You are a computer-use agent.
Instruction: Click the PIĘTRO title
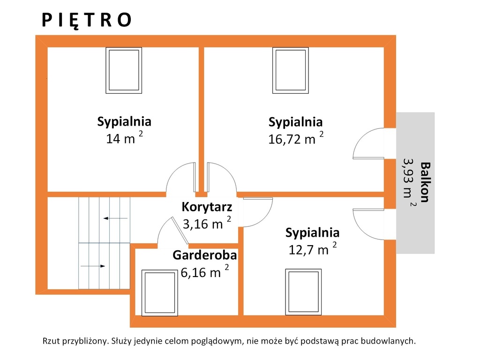pyautogui.click(x=87, y=20)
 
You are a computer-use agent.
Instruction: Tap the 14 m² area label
pyautogui.click(x=124, y=138)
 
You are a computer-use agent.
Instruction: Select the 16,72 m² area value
pyautogui.click(x=296, y=139)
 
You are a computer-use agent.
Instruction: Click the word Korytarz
pyautogui.click(x=207, y=207)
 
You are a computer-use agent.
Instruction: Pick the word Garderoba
pyautogui.click(x=205, y=255)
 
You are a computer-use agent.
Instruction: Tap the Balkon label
pyautogui.click(x=425, y=182)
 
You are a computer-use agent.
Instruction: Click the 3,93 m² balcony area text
pyautogui.click(x=409, y=182)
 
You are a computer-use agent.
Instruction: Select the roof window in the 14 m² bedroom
pyautogui.click(x=124, y=70)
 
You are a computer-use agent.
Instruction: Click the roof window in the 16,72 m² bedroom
pyautogui.click(x=291, y=70)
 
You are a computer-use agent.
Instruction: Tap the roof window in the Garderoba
pyautogui.click(x=159, y=292)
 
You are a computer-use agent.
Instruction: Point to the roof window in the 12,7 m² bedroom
pyautogui.click(x=303, y=292)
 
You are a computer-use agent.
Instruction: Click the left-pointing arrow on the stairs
pyautogui.click(x=115, y=218)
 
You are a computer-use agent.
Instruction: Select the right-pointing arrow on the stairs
pyautogui.click(x=93, y=266)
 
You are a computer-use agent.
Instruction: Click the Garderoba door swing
pyautogui.click(x=173, y=232)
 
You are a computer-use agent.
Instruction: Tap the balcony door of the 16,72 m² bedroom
pyautogui.click(x=368, y=143)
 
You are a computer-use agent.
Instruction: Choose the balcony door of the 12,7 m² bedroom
pyautogui.click(x=368, y=225)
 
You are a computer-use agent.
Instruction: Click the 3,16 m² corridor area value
pyautogui.click(x=207, y=223)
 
